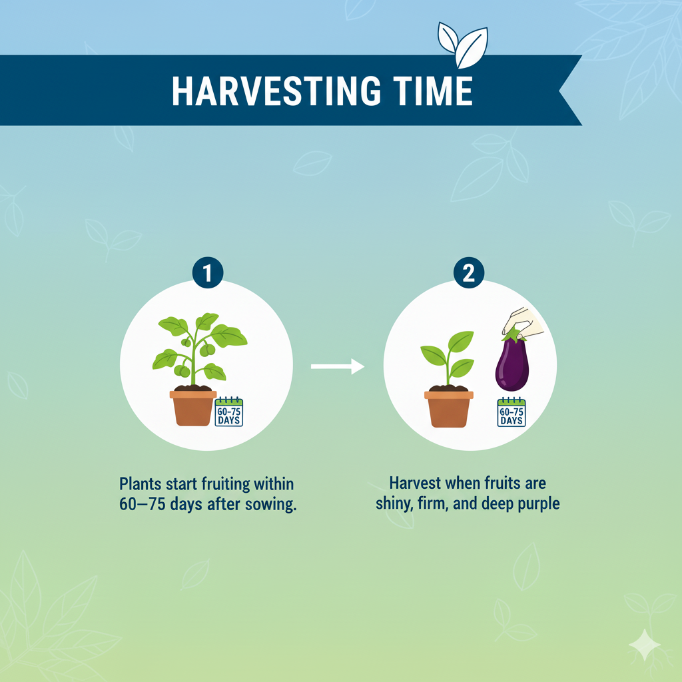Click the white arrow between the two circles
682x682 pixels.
[x=338, y=366]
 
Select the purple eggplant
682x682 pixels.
[x=511, y=365]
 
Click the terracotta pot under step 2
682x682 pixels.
[x=448, y=408]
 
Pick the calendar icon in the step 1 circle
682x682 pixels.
[x=230, y=413]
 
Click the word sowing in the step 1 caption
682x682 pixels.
[x=271, y=504]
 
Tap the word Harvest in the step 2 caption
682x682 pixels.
[x=414, y=482]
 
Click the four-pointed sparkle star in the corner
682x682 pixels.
[x=644, y=645]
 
